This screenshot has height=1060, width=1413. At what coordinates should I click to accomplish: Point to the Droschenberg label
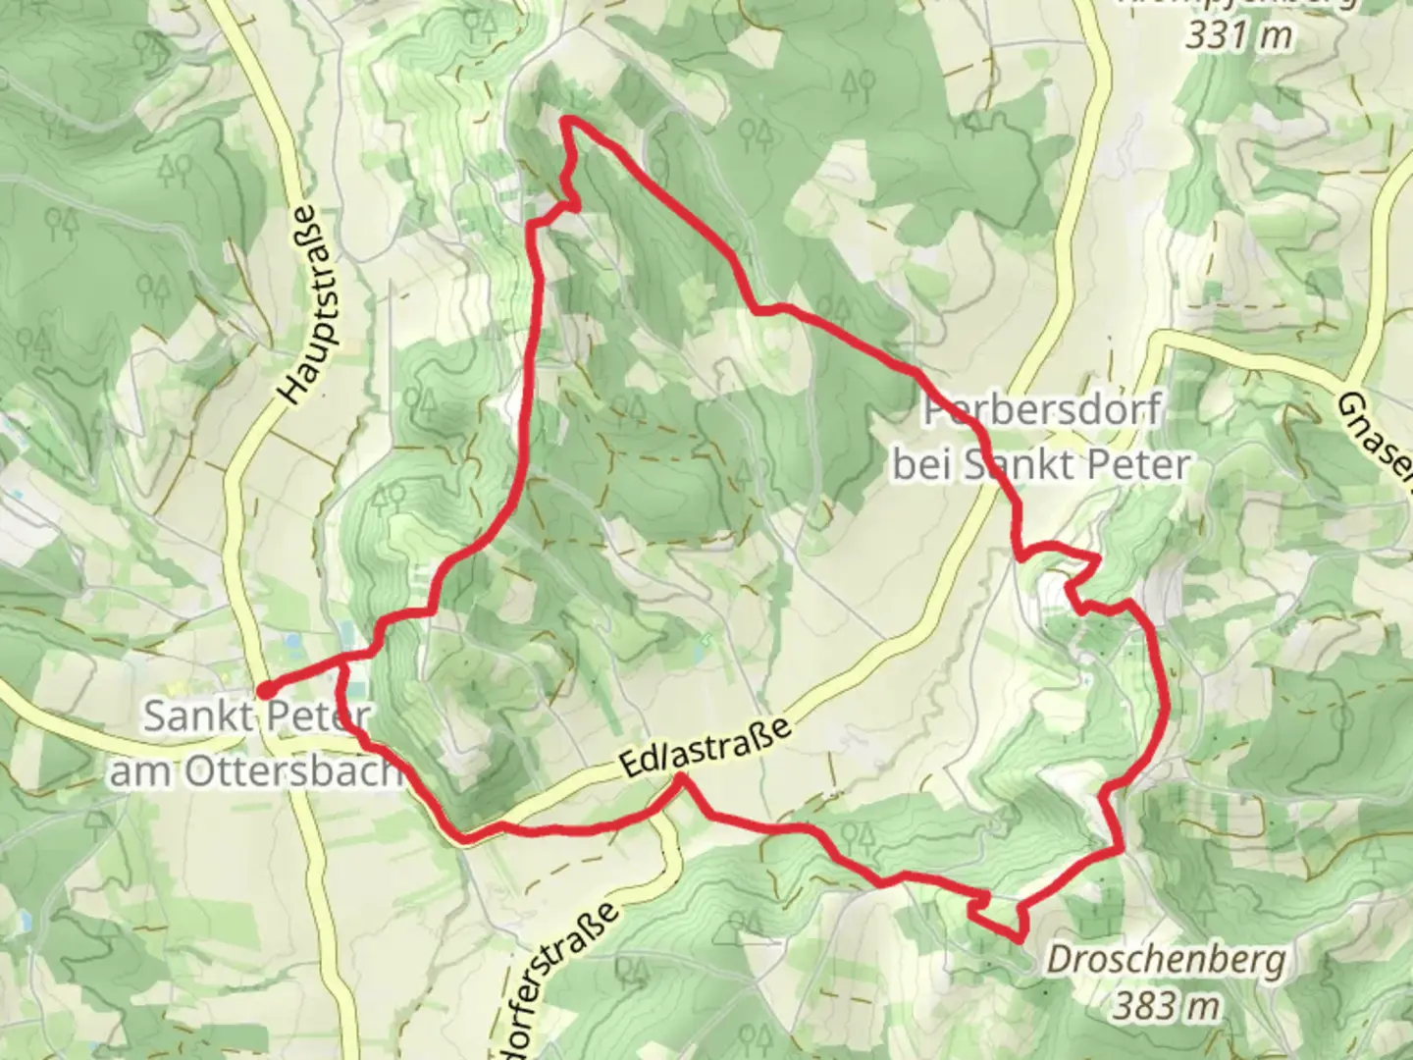tap(1166, 959)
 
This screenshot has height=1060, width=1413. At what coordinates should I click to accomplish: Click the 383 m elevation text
tap(1167, 1004)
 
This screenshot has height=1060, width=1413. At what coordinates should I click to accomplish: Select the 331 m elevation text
tap(1238, 35)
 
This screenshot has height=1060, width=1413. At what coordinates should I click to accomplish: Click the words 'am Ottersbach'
tap(255, 771)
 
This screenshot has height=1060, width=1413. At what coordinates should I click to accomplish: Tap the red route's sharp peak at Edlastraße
tap(681, 777)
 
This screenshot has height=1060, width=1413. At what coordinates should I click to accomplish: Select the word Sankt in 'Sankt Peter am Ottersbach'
tap(193, 716)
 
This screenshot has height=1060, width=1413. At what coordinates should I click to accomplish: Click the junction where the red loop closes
tap(341, 664)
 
